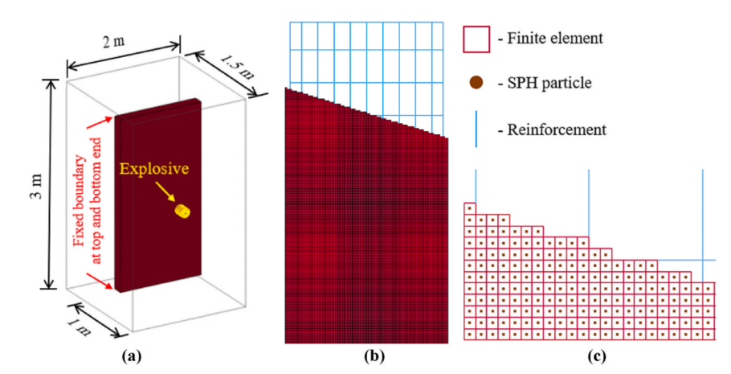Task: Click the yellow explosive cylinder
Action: (182, 211)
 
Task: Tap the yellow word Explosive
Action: (154, 169)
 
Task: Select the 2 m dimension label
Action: (114, 41)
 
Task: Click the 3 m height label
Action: (37, 187)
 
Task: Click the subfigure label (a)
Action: (131, 357)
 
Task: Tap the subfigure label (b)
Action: (375, 357)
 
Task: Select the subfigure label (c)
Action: (596, 357)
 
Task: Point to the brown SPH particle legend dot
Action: (476, 83)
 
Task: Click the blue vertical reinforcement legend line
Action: (476, 129)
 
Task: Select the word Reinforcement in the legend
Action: (557, 129)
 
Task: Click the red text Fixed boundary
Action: (80, 201)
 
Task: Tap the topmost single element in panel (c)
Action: (470, 208)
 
